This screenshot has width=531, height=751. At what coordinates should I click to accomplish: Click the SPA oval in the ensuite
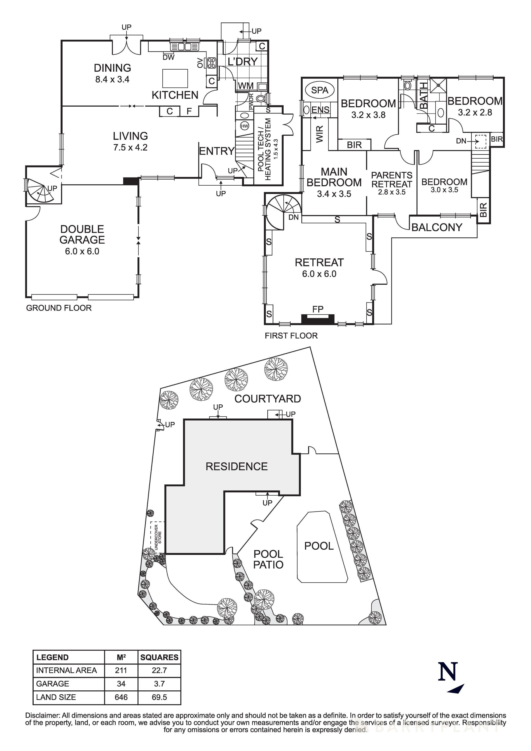click(319, 90)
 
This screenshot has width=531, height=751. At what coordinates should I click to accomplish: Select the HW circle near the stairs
click(244, 126)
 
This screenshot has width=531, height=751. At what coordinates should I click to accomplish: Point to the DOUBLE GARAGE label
click(82, 234)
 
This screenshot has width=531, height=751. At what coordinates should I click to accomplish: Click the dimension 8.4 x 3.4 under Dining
click(112, 79)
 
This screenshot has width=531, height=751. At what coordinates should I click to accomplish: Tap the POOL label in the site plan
click(319, 546)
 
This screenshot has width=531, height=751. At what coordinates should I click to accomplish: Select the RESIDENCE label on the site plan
click(236, 466)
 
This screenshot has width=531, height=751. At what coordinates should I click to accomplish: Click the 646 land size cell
click(121, 697)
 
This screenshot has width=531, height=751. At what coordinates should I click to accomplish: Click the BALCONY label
click(437, 227)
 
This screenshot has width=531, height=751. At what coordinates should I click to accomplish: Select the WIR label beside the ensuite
click(320, 134)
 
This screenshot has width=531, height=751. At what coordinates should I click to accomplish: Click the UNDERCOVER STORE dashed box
click(157, 537)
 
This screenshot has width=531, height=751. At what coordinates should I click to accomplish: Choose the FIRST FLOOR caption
click(291, 336)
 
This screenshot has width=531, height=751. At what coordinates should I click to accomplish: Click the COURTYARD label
click(268, 399)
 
